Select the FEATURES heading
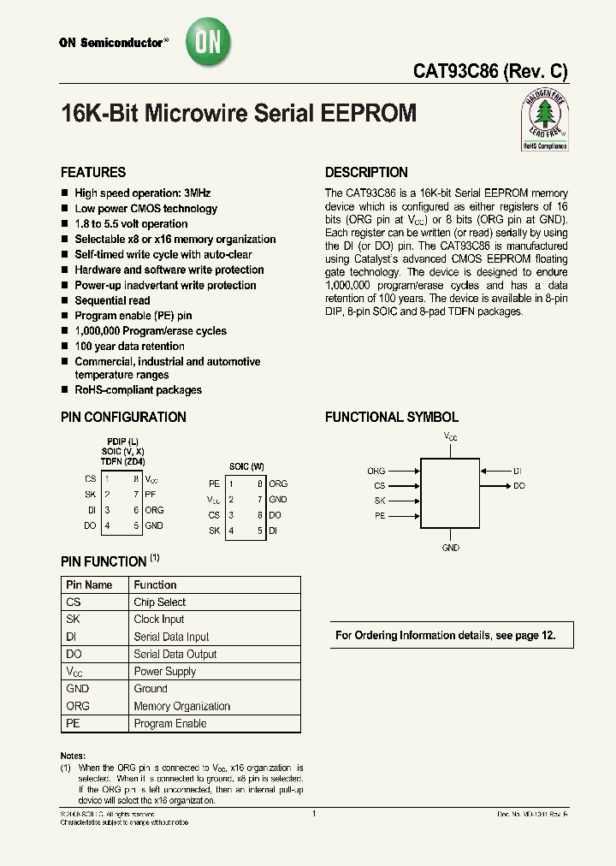[93, 172]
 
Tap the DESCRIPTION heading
[366, 172]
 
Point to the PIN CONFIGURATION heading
[123, 417]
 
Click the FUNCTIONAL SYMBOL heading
[392, 417]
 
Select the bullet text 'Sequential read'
[112, 300]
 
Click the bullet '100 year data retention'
[129, 346]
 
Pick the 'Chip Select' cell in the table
[160, 602]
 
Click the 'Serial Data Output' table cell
[175, 654]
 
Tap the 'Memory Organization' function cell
[182, 706]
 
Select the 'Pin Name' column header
[89, 584]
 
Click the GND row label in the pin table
[77, 688]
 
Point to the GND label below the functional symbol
[451, 548]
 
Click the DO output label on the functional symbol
[519, 485]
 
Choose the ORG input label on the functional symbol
[376, 471]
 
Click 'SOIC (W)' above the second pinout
[246, 466]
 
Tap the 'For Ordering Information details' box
[452, 635]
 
